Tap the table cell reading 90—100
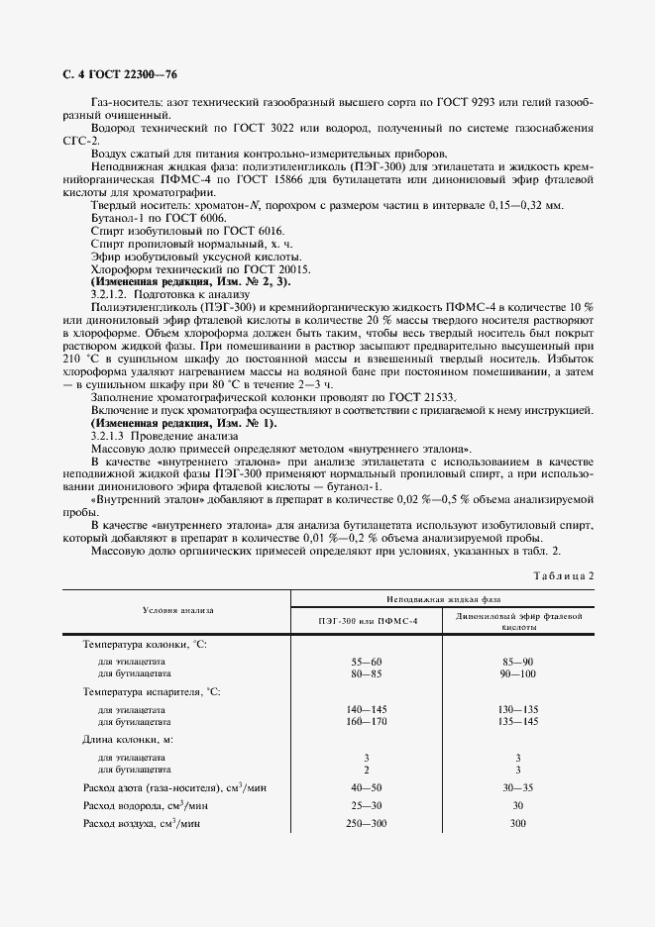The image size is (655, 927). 518,672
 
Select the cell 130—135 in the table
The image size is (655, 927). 518,710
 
